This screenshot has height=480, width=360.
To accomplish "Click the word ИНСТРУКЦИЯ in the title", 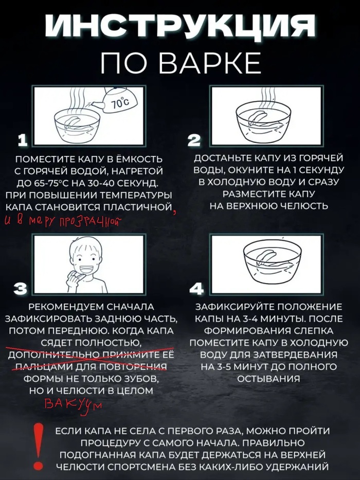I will (x=180, y=26).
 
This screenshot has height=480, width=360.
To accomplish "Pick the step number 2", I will (x=195, y=139).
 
